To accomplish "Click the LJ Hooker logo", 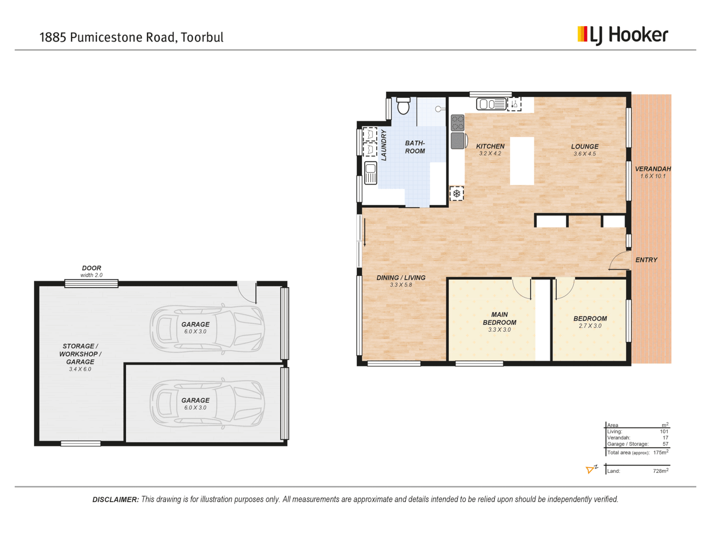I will tap(623, 35).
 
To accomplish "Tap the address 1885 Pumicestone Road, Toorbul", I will tap(131, 38).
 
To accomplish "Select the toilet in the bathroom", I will tap(403, 106).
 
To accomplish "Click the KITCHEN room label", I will tap(490, 147).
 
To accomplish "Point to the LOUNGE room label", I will tap(585, 147).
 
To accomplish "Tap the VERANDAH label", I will tap(653, 169).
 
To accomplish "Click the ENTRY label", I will tap(646, 260).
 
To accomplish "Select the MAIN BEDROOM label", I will tap(499, 318).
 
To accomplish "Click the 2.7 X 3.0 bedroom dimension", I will tap(590, 326).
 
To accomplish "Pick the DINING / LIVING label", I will tap(400, 278).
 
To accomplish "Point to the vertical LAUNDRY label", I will tap(384, 145).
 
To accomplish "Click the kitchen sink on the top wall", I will tap(491, 104).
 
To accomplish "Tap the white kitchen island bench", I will tap(522, 161).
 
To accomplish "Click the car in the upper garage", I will tap(207, 328).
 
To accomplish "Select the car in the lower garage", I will tap(207, 404).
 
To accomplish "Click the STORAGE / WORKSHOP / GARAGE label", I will tap(80, 354).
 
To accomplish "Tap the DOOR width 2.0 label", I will tap(91, 271).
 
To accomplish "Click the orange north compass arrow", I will tap(591, 469).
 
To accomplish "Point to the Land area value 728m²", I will tap(660, 471).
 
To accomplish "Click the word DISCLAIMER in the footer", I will tap(116, 499).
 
